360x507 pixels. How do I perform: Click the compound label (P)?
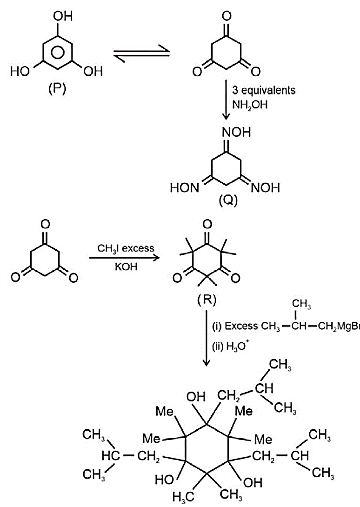coord(57,88)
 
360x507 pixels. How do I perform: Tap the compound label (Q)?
coord(228,200)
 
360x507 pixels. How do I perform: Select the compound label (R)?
coord(207,300)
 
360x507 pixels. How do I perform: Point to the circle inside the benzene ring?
coord(57,53)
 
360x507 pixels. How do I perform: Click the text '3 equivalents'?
coord(264,90)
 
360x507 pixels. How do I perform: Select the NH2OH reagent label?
coord(250,105)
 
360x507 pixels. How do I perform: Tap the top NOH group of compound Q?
coord(236,132)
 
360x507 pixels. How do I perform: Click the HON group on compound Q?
coord(185,187)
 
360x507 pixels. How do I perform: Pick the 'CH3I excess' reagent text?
coord(126,248)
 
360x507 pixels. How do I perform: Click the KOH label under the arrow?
coord(126,267)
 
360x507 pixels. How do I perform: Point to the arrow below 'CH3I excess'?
coord(125,258)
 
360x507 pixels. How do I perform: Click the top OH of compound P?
coord(63,16)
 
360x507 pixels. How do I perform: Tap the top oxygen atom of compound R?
coord(207,224)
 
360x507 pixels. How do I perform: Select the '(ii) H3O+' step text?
coord(231,347)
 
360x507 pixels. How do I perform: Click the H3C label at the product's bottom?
coord(183,496)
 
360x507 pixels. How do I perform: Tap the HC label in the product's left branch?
coord(111,456)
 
